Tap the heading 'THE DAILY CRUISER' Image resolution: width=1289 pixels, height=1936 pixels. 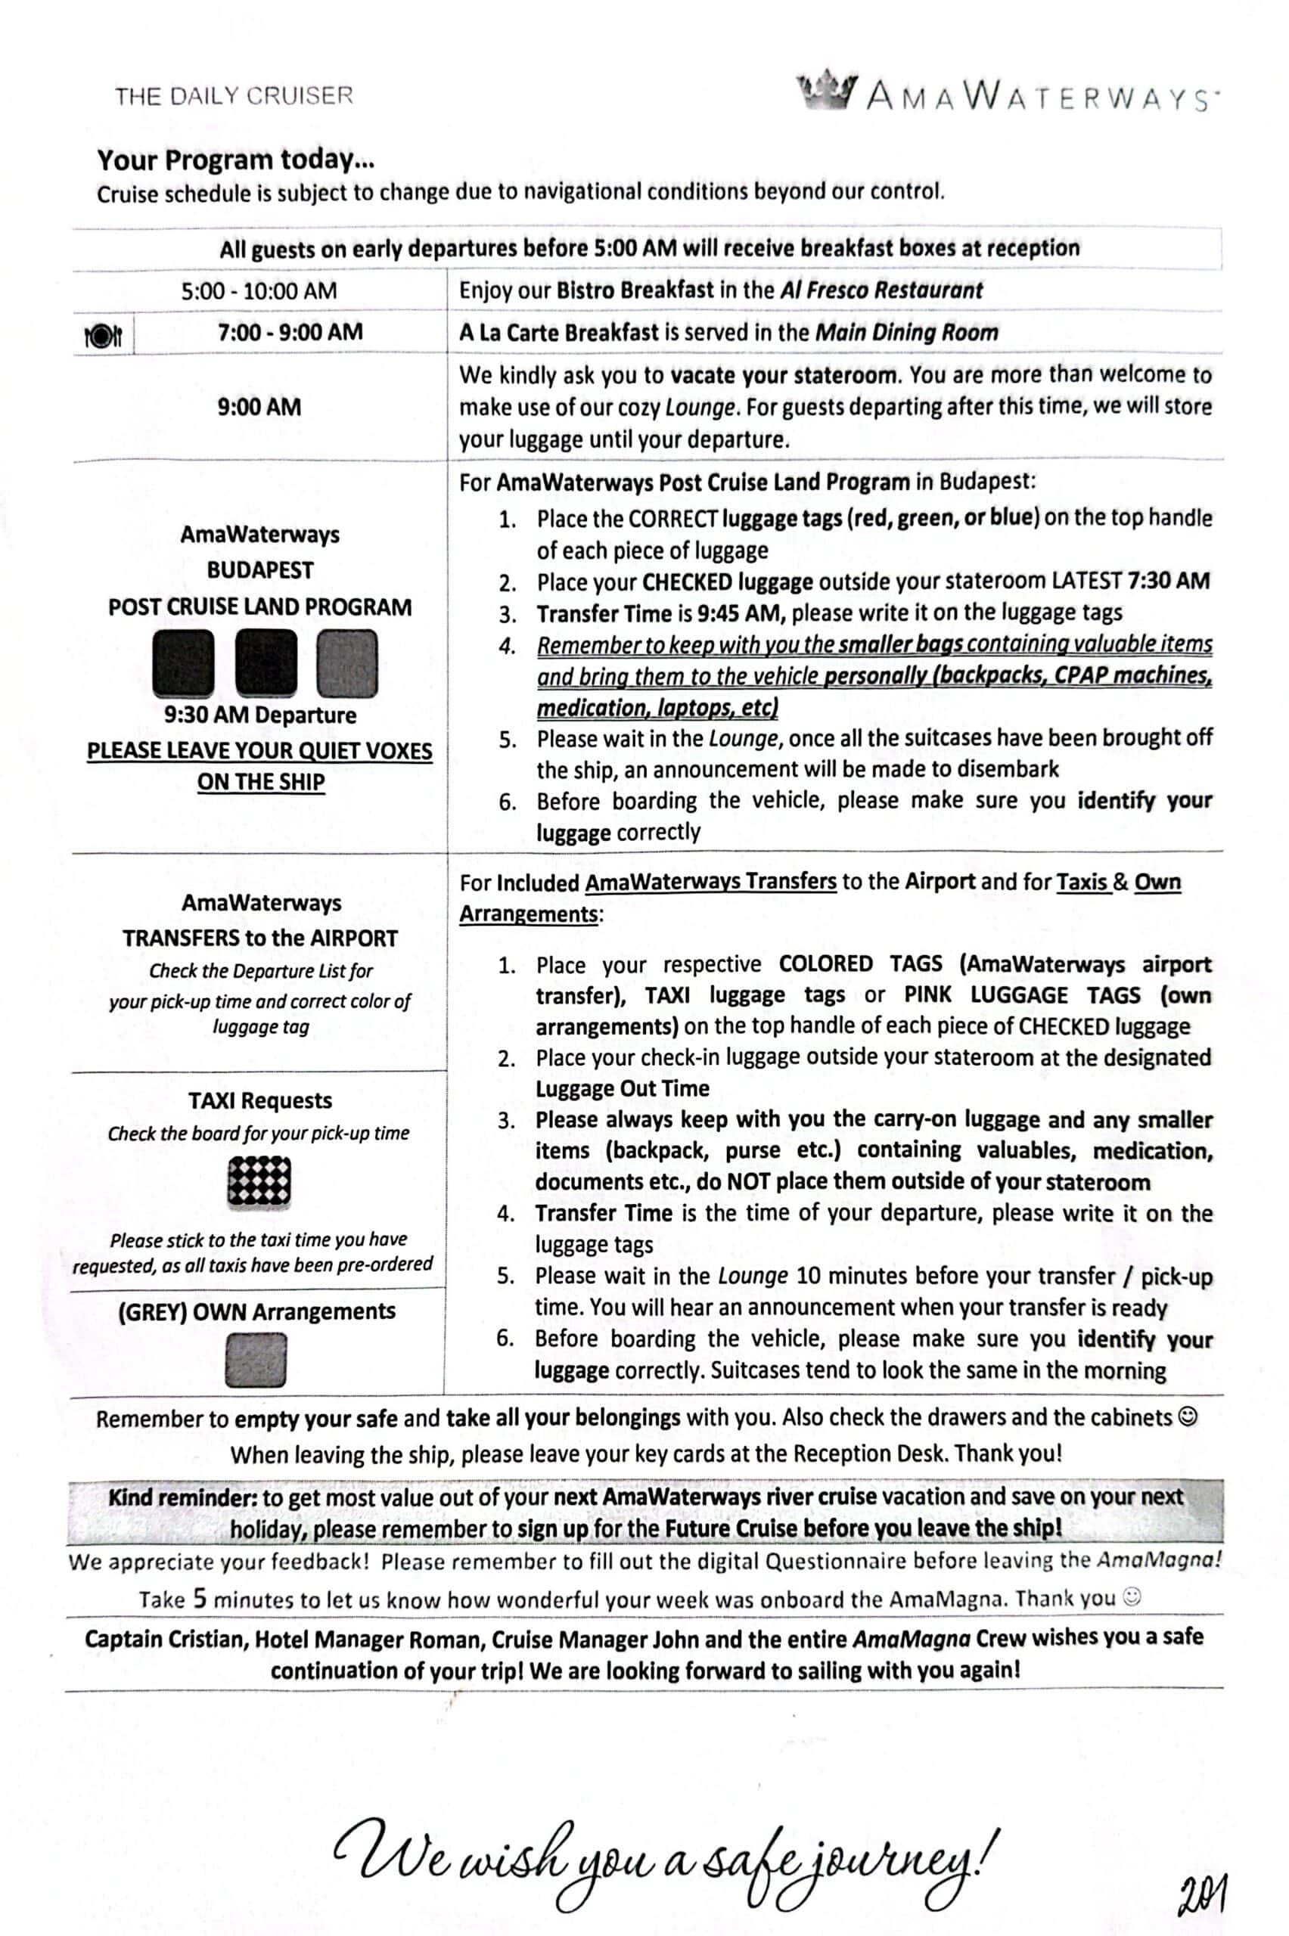click(235, 96)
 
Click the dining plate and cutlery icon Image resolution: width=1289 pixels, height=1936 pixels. click(104, 335)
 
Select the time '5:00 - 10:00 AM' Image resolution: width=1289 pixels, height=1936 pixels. click(259, 291)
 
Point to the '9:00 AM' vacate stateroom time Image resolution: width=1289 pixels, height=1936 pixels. click(259, 407)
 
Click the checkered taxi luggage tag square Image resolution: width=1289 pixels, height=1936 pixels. click(259, 1182)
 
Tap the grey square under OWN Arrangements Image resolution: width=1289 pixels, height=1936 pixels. click(256, 1360)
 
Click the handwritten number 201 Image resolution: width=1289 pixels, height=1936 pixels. click(1202, 1893)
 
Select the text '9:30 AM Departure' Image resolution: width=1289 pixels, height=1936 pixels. click(259, 715)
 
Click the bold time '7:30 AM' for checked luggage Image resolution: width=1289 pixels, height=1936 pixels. click(1168, 581)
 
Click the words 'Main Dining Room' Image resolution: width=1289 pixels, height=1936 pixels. click(906, 332)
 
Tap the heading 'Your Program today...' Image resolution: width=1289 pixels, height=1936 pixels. click(236, 160)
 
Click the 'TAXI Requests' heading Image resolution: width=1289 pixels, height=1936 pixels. click(259, 1100)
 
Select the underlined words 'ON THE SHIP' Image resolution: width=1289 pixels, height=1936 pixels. click(260, 781)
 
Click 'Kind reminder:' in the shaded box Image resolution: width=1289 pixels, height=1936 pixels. click(182, 1497)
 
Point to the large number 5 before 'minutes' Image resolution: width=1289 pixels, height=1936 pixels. click(200, 1598)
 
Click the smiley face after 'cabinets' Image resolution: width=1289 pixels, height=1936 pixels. click(1188, 1416)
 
